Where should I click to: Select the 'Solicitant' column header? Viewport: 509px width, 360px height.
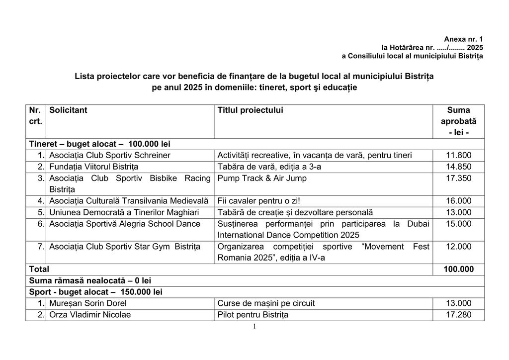68,110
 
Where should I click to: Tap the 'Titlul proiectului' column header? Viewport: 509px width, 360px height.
251,110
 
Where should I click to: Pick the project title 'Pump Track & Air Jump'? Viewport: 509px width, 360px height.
262,179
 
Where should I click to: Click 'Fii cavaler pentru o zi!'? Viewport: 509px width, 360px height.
258,201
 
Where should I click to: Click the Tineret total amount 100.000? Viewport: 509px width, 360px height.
458,270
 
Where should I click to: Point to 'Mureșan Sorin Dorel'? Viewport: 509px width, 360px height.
88,303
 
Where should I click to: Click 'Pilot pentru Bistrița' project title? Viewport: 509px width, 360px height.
253,315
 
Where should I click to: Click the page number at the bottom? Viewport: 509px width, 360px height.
254,327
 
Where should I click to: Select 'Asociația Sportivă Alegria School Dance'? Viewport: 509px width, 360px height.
125,224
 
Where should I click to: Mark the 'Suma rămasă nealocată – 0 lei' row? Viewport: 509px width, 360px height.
90,281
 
